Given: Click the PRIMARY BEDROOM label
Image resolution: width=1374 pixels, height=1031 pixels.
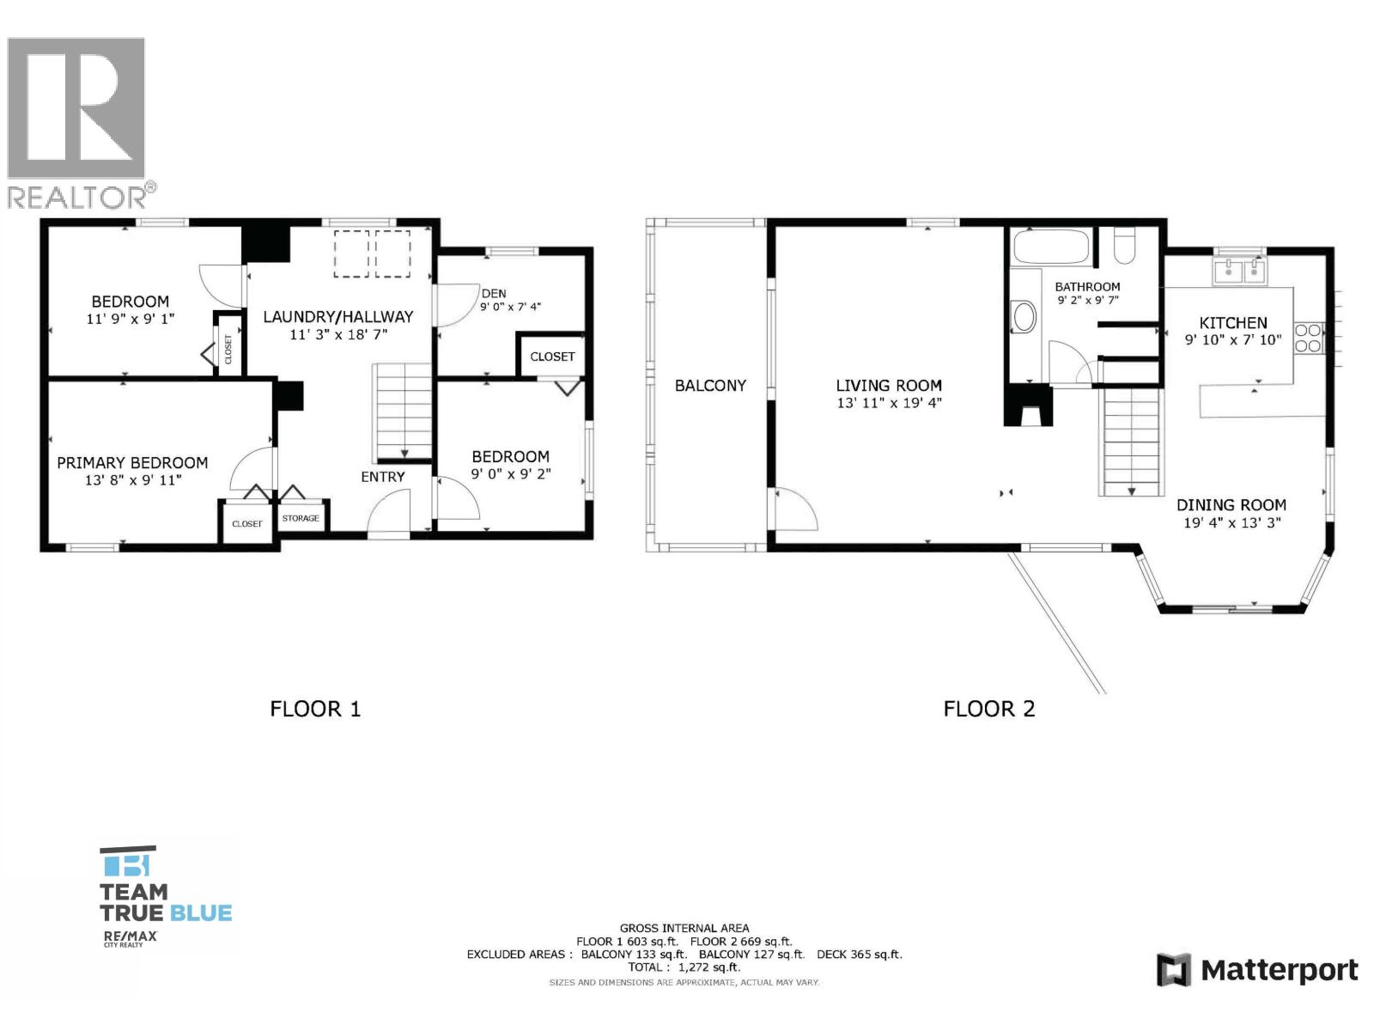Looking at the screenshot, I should pos(132,462).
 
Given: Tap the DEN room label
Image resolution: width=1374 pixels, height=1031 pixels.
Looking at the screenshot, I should pos(494,293).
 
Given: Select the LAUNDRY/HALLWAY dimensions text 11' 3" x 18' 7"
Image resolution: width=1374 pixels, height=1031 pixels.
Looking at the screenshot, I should pos(338,334).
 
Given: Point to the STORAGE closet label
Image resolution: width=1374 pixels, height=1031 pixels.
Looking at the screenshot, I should pos(301,518).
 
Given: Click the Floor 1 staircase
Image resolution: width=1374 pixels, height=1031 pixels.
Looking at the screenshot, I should pos(403,412).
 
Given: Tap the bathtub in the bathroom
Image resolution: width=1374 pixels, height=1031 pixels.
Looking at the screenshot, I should pos(1051,247).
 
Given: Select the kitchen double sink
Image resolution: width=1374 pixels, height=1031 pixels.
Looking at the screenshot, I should pos(1240,272).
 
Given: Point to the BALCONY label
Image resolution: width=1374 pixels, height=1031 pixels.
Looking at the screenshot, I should pos(710,386).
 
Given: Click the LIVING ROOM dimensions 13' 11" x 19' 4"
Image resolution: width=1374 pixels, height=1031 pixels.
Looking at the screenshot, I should pos(889,403).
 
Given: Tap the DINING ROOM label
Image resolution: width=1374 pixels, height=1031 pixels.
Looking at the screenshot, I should pos(1231,505).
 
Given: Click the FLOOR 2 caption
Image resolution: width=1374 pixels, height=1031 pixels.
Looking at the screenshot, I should pos(988,709).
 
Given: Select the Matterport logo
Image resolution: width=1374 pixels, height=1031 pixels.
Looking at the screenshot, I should pos(1257,970).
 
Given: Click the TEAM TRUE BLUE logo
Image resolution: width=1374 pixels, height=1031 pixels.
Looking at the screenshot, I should pos(165,894).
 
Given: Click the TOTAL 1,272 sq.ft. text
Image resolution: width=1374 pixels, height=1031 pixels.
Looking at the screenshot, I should pos(683,967).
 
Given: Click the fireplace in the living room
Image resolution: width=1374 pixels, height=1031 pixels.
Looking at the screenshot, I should pos(1028,406).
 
